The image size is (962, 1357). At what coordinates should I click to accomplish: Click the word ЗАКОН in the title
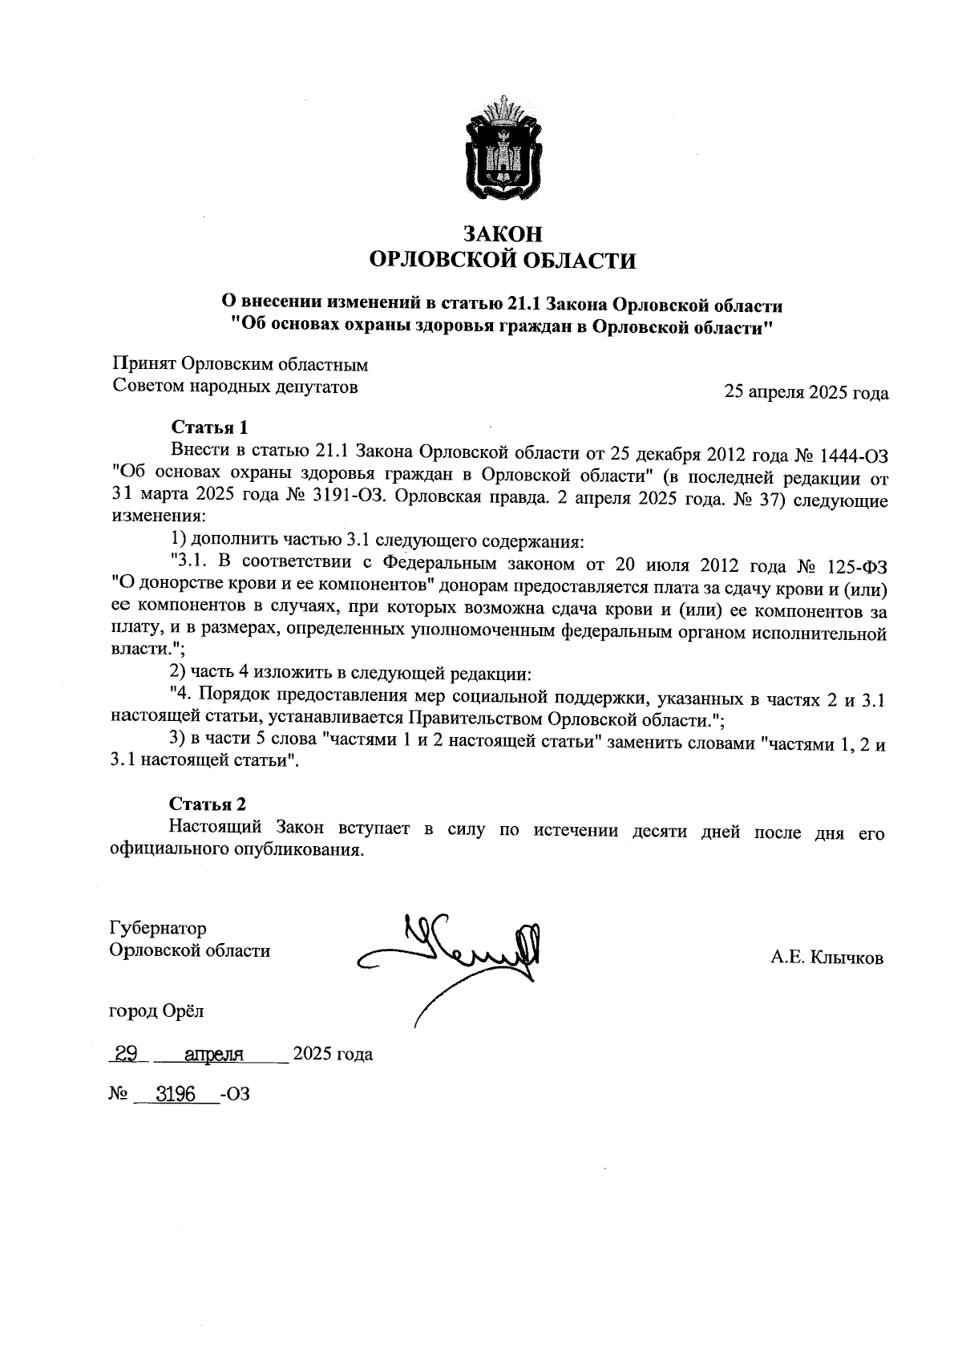(x=503, y=233)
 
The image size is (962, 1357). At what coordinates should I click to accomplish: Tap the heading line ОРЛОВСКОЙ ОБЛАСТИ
(x=503, y=261)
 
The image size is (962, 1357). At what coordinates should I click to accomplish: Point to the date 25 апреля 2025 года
(x=806, y=393)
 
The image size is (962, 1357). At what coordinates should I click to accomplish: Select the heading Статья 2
(x=208, y=804)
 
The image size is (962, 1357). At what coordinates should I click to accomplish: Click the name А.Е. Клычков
(x=827, y=957)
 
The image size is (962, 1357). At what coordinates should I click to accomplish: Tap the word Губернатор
(x=157, y=928)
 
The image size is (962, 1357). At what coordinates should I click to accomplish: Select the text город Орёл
(x=156, y=1011)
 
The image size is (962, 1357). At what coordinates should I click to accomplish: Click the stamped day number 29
(x=126, y=1054)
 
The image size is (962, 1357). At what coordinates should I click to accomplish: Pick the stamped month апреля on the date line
(x=214, y=1055)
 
